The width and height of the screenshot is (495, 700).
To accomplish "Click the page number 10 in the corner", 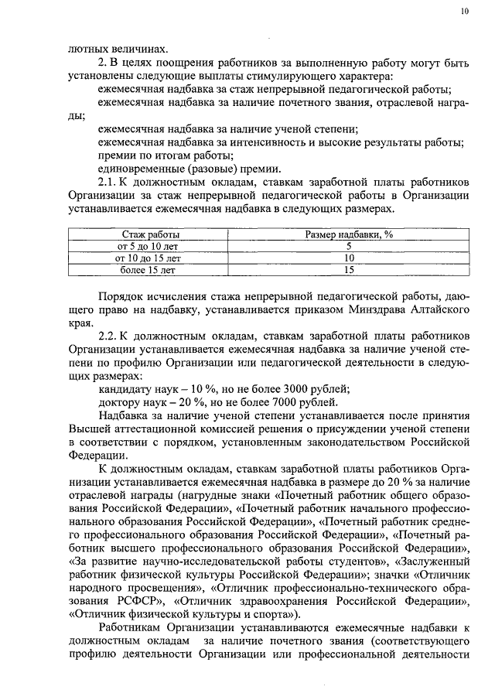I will pos(463,12).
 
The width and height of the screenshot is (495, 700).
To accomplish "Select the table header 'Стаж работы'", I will pos(151,234).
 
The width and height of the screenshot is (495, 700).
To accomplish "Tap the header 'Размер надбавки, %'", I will pos(349,234).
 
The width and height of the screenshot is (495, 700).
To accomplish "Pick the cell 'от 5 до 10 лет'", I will pos(151,246).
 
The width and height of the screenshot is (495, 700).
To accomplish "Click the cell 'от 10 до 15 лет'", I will pos(151,258).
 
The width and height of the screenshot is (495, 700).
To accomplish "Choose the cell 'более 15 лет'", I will pos(151,270).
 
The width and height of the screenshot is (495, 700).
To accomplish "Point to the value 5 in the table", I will pos(349,246).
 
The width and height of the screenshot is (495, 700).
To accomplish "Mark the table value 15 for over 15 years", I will pos(349,270).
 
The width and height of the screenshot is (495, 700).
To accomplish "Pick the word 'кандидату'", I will pos(125,388).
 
